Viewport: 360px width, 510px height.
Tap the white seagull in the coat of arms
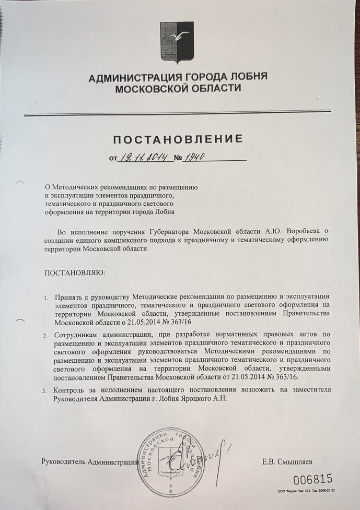click(182, 36)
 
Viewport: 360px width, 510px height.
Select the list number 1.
click(46, 298)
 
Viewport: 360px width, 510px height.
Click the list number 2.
click(45, 335)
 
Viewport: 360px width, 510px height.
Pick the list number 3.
click(45, 390)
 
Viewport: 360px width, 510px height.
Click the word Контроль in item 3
click(71, 390)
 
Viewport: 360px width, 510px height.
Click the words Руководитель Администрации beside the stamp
click(89, 462)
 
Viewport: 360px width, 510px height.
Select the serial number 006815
click(312, 480)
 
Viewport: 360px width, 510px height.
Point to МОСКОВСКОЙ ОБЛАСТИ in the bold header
click(178, 89)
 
